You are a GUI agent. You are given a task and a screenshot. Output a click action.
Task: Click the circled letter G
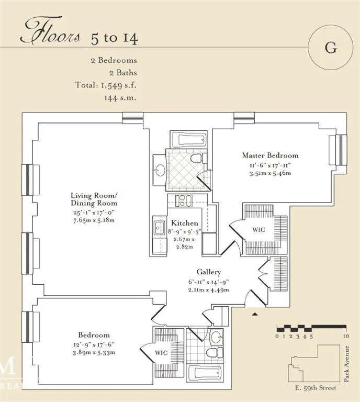pyautogui.click(x=330, y=47)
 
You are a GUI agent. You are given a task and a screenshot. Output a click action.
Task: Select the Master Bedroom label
pyautogui.click(x=270, y=155)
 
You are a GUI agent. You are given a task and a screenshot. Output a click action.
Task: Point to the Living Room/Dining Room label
pyautogui.click(x=94, y=199)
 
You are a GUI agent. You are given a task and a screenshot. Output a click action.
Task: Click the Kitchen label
pyautogui.click(x=185, y=223)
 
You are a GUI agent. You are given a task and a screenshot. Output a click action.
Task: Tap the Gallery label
pyautogui.click(x=209, y=272)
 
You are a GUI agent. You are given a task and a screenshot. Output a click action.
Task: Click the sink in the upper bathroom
pyautogui.click(x=159, y=170)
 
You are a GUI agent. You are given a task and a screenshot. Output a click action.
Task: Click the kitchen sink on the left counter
pyautogui.click(x=160, y=227)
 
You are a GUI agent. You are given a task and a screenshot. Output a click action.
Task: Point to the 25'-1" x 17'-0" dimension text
pyautogui.click(x=94, y=213)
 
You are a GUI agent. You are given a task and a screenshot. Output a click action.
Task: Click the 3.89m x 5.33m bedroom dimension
pyautogui.click(x=94, y=352)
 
